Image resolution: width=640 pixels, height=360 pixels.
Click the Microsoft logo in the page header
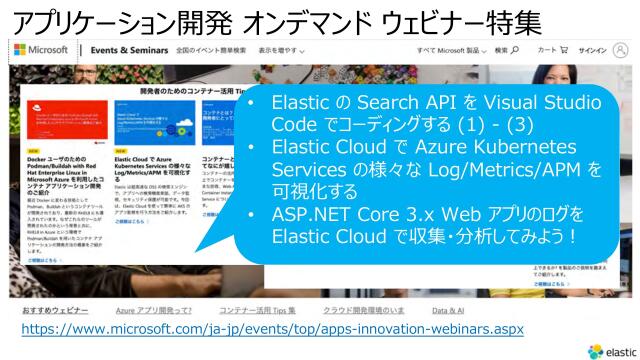(41, 49)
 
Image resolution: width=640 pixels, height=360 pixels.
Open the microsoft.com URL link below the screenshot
(272, 328)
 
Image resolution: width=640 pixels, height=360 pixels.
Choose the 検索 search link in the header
(506, 49)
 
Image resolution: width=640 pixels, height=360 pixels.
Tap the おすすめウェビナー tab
(49, 310)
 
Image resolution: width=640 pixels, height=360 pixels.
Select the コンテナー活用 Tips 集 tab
(257, 310)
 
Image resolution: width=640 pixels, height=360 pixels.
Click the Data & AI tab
(447, 310)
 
